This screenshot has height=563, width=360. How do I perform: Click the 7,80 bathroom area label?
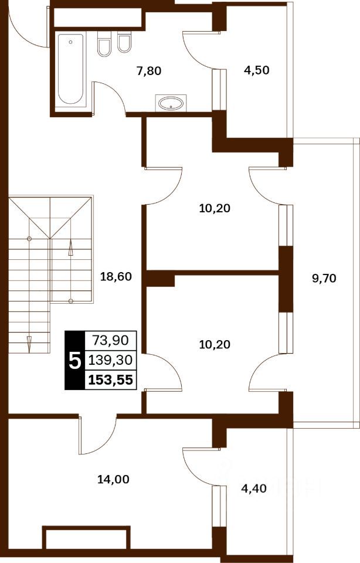tap(149, 71)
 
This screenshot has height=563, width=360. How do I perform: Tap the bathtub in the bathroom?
tap(71, 69)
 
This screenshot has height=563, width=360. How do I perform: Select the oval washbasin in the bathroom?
tap(171, 103)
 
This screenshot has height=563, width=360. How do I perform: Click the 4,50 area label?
tap(257, 70)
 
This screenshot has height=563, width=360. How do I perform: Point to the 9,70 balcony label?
tap(324, 278)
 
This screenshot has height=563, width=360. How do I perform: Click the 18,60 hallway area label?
tap(116, 276)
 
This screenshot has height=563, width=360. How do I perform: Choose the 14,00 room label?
tap(113, 479)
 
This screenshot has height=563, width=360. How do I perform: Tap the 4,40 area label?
tap(254, 489)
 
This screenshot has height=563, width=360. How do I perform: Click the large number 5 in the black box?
tap(74, 361)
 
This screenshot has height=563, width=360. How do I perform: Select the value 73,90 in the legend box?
tap(111, 340)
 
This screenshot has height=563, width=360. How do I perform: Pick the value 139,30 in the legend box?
tap(111, 359)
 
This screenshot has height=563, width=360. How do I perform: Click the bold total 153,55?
tap(111, 379)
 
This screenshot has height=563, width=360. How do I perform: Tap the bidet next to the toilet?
tap(124, 42)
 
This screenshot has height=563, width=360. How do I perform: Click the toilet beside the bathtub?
tap(104, 43)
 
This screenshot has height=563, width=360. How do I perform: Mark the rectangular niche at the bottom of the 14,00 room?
tap(86, 537)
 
